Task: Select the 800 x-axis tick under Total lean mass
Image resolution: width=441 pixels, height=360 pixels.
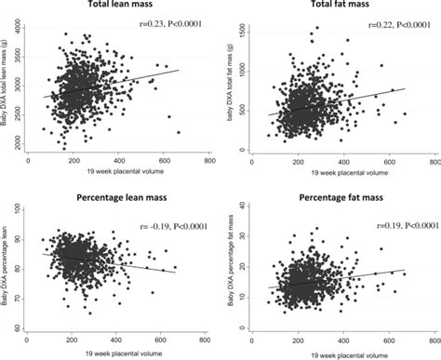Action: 209,159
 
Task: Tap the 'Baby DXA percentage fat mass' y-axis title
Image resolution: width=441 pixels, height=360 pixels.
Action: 233,273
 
